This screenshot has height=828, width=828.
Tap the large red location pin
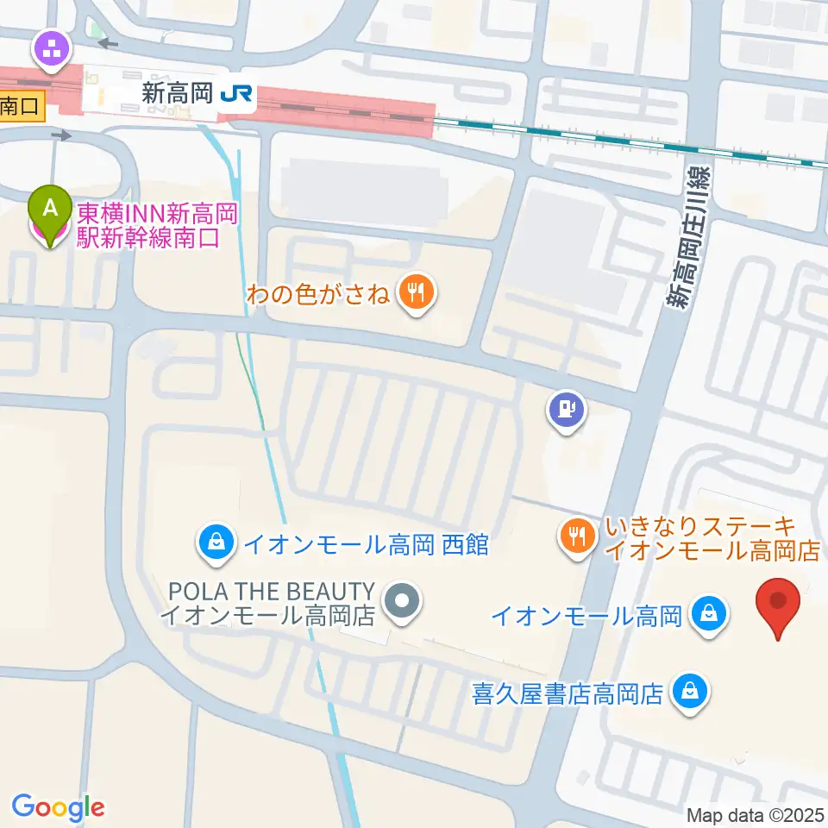(778, 604)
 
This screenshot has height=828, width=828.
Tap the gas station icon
(566, 409)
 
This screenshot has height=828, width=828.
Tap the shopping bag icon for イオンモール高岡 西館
(212, 543)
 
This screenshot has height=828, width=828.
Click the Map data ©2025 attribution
(755, 814)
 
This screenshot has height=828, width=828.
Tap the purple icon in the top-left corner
(52, 49)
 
